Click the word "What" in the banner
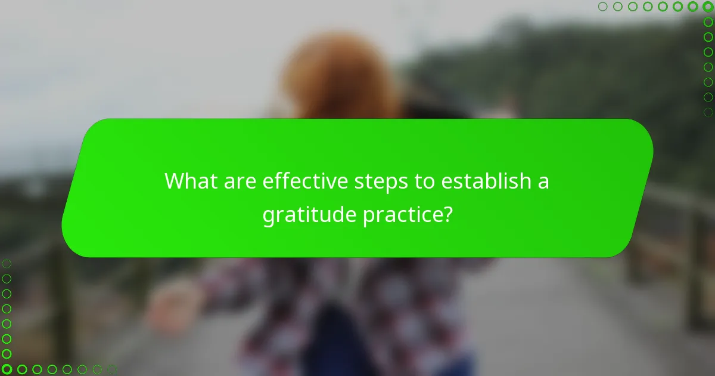[x=188, y=181]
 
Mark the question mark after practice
[x=446, y=214]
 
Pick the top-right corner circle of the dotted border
[x=708, y=7]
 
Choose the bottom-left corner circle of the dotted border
[x=7, y=369]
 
